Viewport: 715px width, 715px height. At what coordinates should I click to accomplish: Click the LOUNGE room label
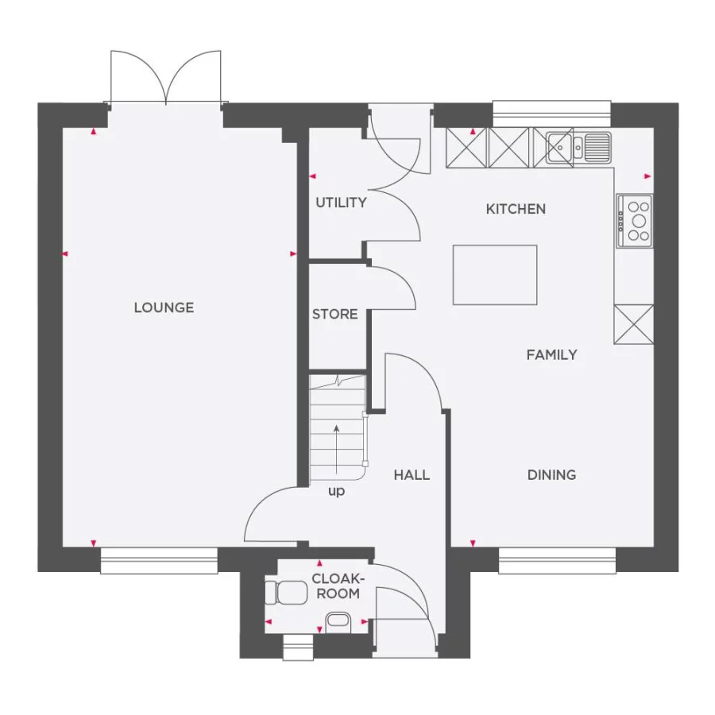164,307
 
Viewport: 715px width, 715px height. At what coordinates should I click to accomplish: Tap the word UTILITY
341,203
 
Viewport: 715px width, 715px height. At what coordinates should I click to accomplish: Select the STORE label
334,315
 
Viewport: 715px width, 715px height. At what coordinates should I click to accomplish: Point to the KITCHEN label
516,209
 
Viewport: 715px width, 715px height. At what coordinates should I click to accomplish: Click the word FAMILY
551,355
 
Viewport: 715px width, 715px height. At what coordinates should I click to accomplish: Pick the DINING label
551,475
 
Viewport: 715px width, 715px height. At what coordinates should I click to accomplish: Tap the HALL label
412,475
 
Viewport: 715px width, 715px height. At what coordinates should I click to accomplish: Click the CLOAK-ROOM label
335,586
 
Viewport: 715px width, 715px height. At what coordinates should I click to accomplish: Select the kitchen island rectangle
495,275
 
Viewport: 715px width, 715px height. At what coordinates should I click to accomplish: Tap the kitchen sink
578,147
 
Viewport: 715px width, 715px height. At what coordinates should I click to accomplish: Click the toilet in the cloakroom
286,592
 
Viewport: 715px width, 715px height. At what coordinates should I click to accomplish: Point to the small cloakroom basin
337,620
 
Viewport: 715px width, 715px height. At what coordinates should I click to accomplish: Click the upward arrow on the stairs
337,449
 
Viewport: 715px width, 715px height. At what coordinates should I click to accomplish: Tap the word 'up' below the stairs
337,491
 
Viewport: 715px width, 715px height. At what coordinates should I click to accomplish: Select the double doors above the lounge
165,78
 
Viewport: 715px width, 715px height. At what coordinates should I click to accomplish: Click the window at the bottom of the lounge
159,560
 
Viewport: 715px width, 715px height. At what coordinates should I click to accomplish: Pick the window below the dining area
557,560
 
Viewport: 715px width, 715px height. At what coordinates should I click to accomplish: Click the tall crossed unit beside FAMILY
633,324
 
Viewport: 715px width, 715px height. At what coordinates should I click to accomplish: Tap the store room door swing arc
397,286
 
